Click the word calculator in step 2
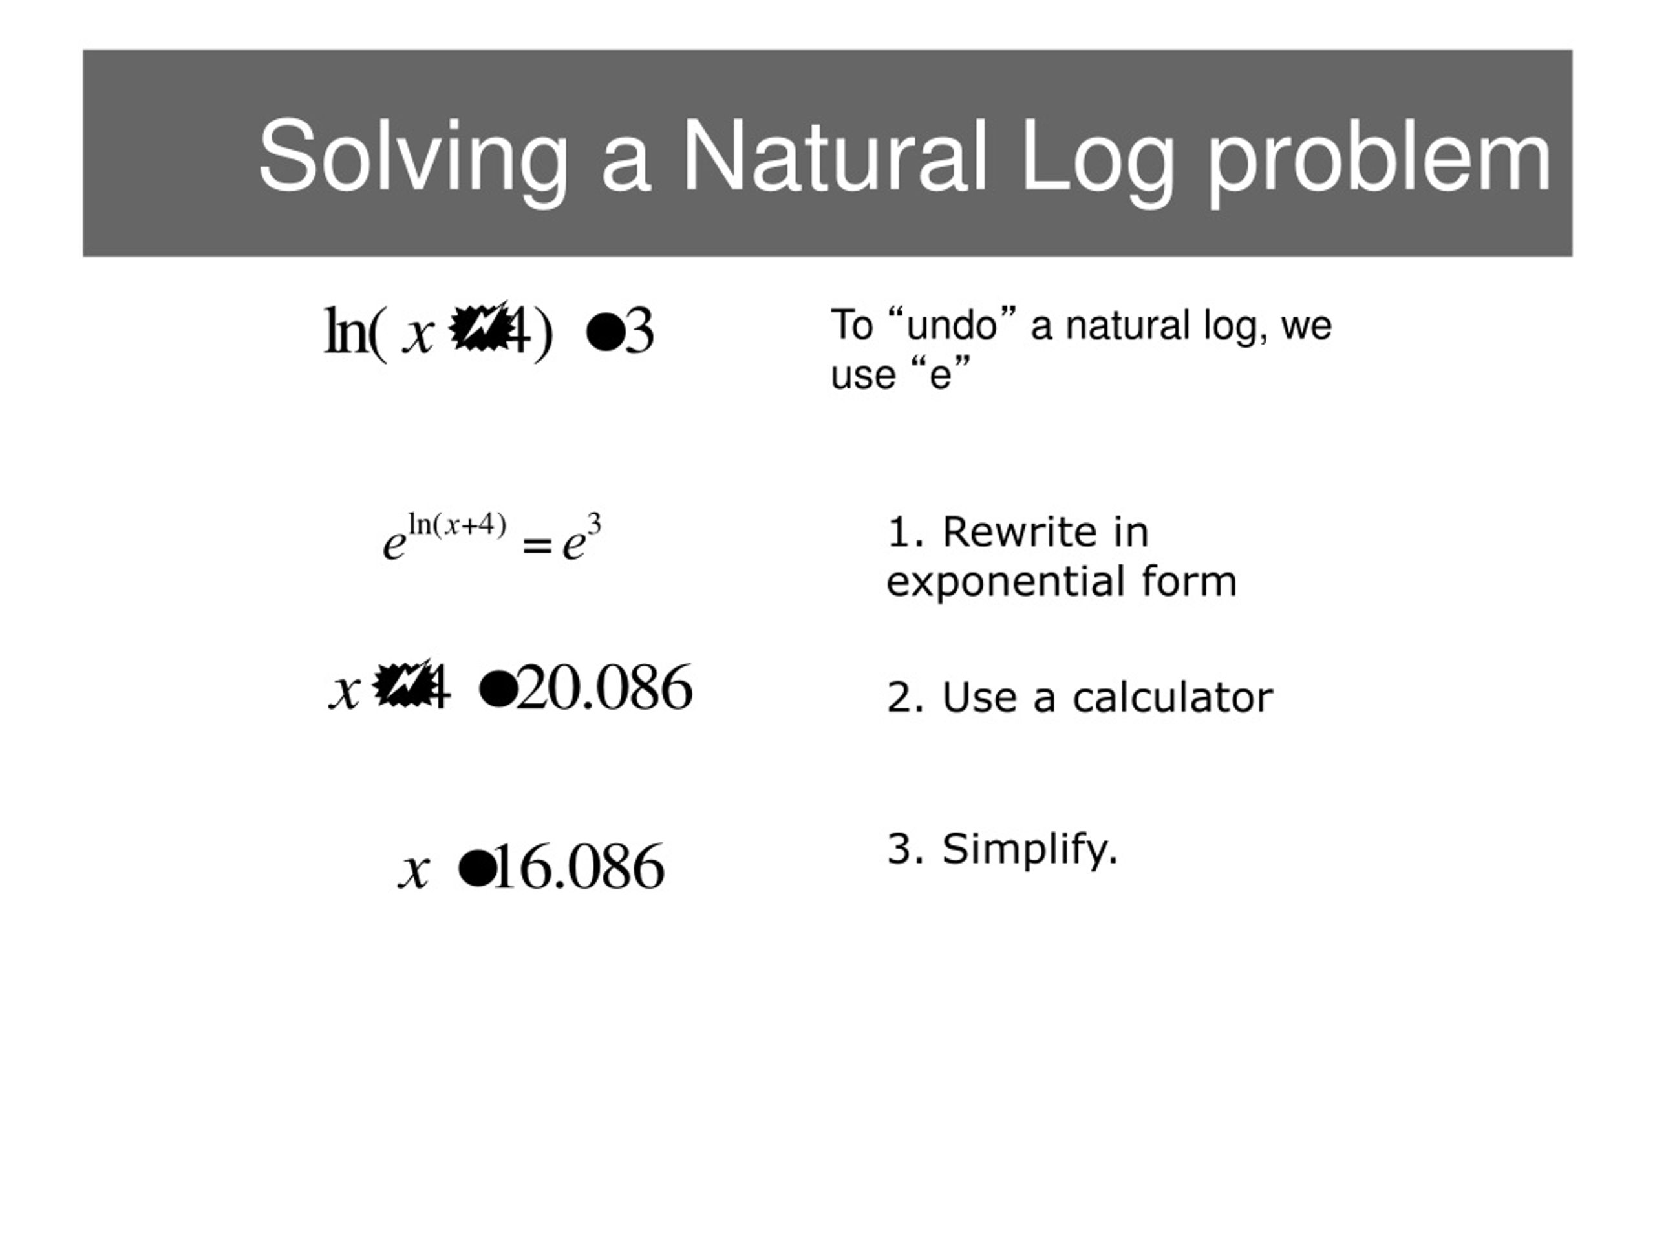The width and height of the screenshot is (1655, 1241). click(1173, 697)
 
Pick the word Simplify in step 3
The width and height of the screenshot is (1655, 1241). click(1029, 849)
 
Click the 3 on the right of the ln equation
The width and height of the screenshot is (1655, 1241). click(639, 332)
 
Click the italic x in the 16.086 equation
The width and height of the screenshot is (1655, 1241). click(414, 870)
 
